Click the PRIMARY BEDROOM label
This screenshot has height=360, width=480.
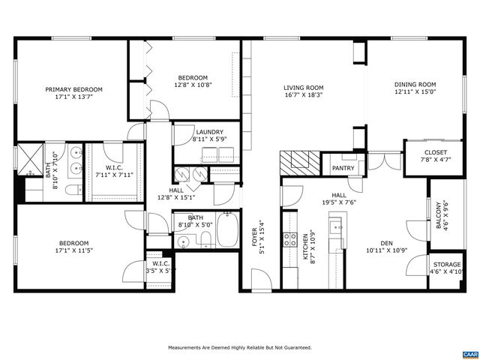click(73, 89)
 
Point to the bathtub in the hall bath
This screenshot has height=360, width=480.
click(228, 233)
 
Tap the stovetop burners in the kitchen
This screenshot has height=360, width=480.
click(288, 240)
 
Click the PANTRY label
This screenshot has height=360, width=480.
click(343, 169)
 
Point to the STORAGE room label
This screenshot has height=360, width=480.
click(447, 265)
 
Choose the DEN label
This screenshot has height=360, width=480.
click(387, 242)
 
